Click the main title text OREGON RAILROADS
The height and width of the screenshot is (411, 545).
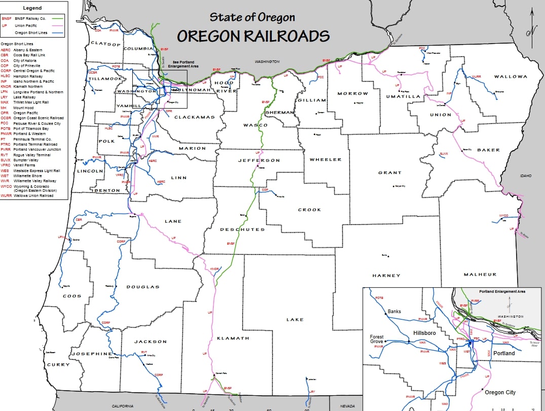point(253,37)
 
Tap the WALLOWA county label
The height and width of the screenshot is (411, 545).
point(511,77)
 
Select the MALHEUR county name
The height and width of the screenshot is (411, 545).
point(480,275)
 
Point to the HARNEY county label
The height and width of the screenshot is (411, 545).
point(386,276)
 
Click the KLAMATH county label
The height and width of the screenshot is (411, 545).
point(233,338)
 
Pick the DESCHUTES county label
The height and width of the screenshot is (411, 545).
point(242,229)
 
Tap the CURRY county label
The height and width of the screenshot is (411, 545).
point(58,365)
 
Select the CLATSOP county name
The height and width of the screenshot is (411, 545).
point(105,44)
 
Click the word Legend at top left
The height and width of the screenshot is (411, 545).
point(33,8)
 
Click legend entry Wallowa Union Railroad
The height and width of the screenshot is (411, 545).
point(34,195)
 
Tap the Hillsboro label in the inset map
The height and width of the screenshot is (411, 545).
point(424,333)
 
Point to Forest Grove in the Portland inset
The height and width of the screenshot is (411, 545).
point(377,339)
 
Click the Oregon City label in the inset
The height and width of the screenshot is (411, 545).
point(500,392)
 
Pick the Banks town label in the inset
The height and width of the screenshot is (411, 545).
point(394,311)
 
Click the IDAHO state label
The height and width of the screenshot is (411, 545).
point(526,176)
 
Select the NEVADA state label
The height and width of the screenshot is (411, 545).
point(347,406)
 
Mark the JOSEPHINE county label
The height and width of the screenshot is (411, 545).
point(91,354)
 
